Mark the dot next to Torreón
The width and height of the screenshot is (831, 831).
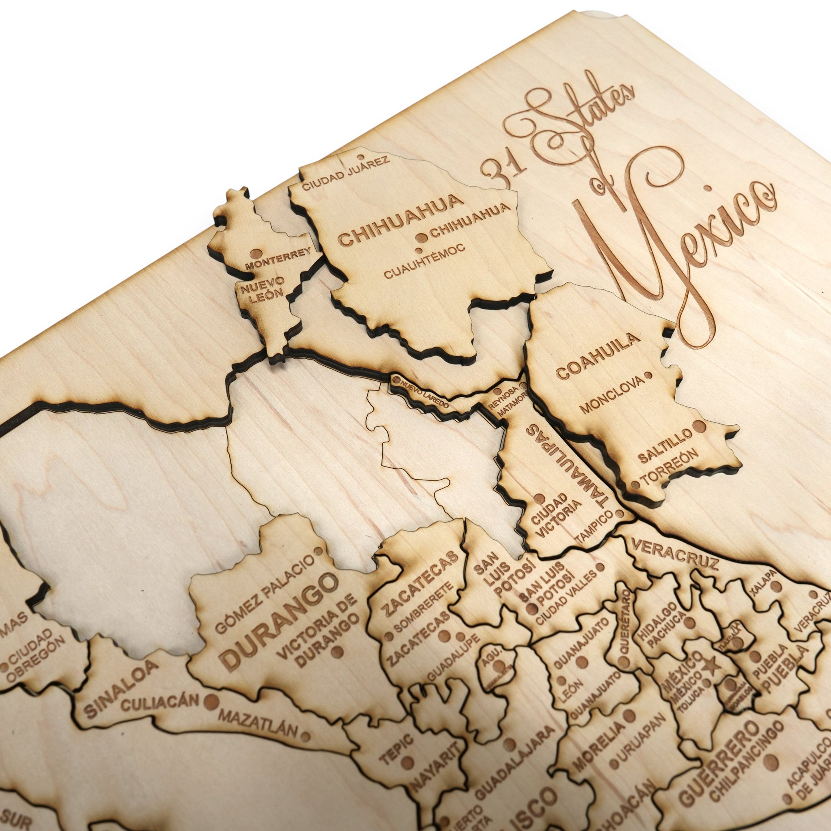click(635, 485)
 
